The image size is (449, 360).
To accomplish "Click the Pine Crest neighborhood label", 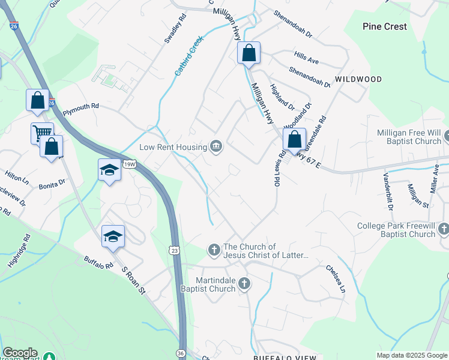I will [385, 26].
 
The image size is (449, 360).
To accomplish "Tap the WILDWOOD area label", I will [358, 79].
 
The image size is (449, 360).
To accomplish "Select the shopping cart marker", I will [42, 133].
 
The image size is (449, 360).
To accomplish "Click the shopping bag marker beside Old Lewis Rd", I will [294, 140].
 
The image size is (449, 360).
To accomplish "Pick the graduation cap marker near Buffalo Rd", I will [113, 236].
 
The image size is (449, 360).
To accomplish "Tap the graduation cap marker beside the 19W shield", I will [110, 170].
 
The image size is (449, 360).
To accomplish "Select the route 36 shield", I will [182, 353].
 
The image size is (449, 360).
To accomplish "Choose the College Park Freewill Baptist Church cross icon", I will [443, 229].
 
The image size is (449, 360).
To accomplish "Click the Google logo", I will [20, 353].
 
